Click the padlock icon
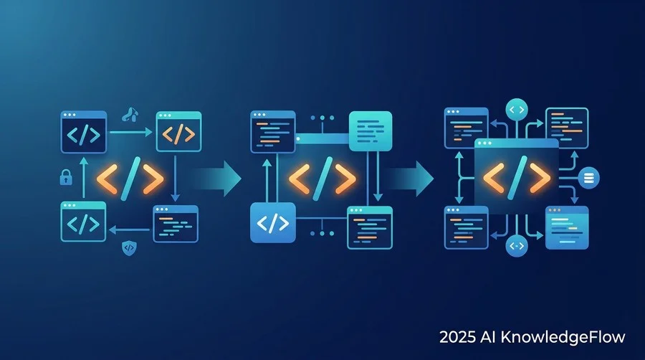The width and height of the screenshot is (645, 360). click(x=66, y=177)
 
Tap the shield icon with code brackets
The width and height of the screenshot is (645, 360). click(x=129, y=247)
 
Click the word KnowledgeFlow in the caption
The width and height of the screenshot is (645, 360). click(x=563, y=337)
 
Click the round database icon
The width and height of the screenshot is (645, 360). click(x=588, y=178)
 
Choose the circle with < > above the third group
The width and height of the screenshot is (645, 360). click(x=517, y=110)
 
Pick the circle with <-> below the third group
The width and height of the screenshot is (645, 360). click(x=517, y=246)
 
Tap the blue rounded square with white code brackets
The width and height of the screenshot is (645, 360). click(x=273, y=222)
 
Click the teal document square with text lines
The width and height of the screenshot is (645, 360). click(x=371, y=131)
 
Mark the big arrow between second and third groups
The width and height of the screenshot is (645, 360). click(x=410, y=179)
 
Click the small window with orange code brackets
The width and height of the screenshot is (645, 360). click(x=178, y=131)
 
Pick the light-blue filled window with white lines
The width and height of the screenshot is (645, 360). click(x=567, y=227)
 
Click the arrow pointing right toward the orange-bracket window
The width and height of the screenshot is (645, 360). click(x=131, y=132)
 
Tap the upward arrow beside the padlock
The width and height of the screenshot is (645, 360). click(x=84, y=178)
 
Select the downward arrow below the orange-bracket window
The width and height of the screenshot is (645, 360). click(x=176, y=178)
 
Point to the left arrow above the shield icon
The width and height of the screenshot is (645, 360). click(x=129, y=229)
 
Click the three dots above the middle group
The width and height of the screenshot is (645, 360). click(x=322, y=118)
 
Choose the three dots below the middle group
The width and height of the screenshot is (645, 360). click(x=322, y=233)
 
